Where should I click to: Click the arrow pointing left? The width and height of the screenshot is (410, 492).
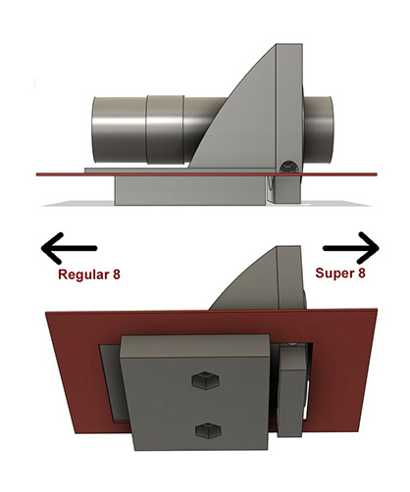pos(69,248)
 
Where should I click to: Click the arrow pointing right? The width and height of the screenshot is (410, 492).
pos(351,248)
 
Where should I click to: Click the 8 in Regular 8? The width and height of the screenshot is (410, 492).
pos(117,274)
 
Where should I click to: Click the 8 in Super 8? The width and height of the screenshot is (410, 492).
pos(361,272)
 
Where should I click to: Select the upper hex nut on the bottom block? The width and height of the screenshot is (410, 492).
pos(205,380)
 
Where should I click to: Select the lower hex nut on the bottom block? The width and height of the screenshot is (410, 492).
pos(208,430)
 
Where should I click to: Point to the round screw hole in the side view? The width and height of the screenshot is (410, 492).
pos(289,167)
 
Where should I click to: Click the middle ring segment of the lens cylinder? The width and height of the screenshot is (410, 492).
pos(165,129)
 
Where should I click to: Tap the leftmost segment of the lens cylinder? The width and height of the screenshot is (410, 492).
pos(119,129)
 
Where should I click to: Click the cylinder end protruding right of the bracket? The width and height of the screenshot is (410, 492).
pos(319,130)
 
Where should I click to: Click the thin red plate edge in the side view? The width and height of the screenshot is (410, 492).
pos(206,174)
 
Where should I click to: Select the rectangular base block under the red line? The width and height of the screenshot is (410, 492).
pos(190,191)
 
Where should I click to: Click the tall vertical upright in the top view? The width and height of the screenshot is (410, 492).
pos(289,108)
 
